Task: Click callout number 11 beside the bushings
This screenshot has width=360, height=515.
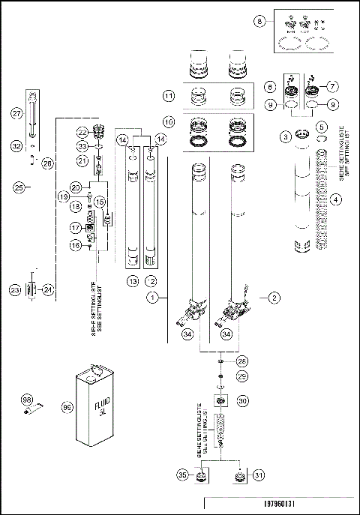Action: click(x=169, y=96)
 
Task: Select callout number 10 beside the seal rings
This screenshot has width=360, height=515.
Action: click(x=169, y=121)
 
